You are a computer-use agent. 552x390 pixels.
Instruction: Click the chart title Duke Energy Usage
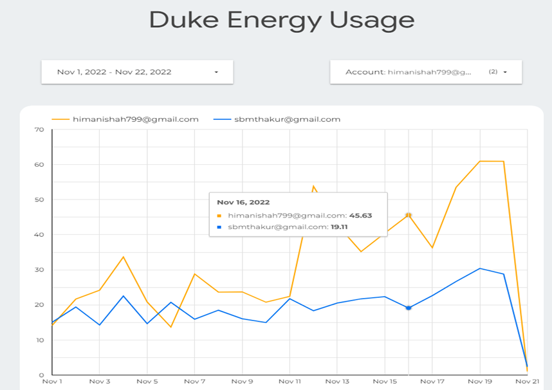tap(281, 19)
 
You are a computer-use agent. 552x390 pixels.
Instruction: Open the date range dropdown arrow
tap(216, 72)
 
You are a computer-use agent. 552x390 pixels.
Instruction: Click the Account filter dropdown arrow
tap(505, 72)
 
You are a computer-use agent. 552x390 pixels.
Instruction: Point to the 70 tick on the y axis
tap(39, 129)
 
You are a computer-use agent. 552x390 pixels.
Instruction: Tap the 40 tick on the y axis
tap(39, 235)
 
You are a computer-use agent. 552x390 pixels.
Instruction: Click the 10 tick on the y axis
tap(39, 340)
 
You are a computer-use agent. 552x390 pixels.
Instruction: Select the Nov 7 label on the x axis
tap(194, 381)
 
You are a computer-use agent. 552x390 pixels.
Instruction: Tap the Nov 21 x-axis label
tap(527, 381)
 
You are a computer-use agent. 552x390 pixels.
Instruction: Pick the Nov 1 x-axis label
tap(52, 381)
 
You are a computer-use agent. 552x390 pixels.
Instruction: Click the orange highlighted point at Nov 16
tap(408, 215)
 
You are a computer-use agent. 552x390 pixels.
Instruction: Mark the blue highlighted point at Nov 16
tap(408, 308)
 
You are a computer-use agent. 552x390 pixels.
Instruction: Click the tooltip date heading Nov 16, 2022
tap(243, 202)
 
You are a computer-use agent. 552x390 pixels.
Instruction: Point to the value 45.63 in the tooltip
tap(361, 216)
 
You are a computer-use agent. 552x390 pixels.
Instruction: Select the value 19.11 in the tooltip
tap(339, 227)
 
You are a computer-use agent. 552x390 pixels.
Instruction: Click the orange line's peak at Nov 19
tap(480, 161)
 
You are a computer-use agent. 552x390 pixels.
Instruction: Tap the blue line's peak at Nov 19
tap(480, 268)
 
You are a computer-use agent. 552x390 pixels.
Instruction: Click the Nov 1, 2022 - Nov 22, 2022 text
tap(114, 72)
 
